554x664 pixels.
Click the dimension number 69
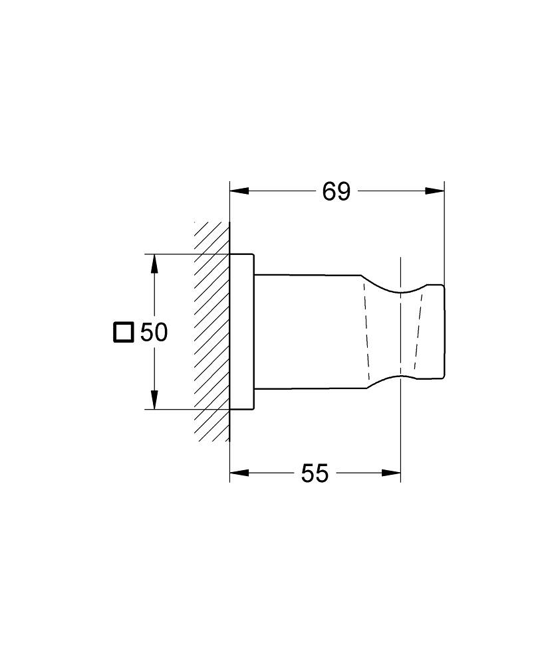336,191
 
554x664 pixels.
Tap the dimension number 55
315,473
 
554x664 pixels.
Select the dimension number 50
154,332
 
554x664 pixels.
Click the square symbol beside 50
123,332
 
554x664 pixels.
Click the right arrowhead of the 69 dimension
435,191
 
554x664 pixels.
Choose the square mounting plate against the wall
242,332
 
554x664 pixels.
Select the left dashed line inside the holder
365,332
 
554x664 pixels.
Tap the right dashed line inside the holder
417,332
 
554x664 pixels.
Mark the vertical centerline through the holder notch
401,432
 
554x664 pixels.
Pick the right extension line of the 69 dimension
444,232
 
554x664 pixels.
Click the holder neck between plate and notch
306,332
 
